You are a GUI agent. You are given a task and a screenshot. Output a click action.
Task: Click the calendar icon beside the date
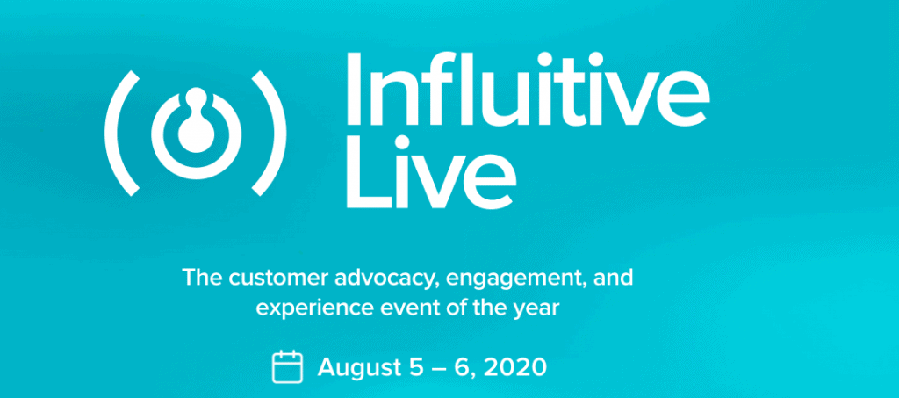click(287, 366)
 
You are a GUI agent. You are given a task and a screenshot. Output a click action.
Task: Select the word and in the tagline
click(614, 279)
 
